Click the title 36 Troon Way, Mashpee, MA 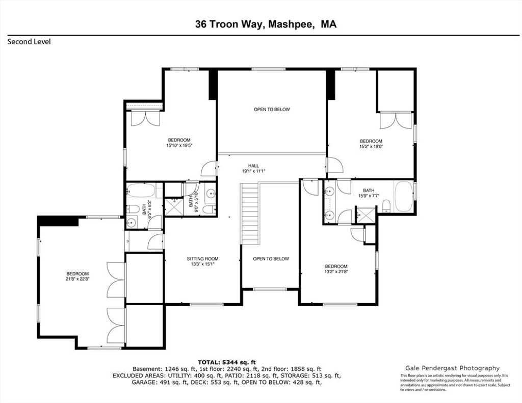[x=266, y=24]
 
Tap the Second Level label [x=29, y=42]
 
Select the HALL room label [x=253, y=166]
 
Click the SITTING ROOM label [x=202, y=259]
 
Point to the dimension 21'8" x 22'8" [x=77, y=279]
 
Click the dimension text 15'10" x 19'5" [x=179, y=145]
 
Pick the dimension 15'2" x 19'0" [x=371, y=146]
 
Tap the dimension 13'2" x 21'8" [x=336, y=272]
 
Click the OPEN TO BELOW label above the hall [x=272, y=109]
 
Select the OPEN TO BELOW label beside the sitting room [x=271, y=259]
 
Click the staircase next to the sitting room [x=250, y=214]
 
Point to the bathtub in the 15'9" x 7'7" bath [x=404, y=196]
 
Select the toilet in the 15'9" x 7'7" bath [x=386, y=206]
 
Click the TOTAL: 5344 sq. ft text [x=227, y=362]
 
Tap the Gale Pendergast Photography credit [x=453, y=368]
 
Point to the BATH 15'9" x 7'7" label [x=369, y=193]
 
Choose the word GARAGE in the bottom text [x=143, y=383]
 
